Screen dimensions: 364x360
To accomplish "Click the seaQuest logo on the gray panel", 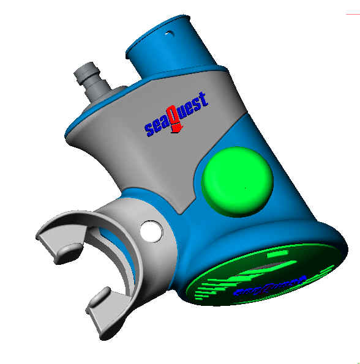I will tap(176, 113).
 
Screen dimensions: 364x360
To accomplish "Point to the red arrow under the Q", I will tap(176, 127).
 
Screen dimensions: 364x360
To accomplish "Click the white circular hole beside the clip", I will tap(150, 231).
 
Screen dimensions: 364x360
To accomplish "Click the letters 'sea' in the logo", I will tap(157, 125).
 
